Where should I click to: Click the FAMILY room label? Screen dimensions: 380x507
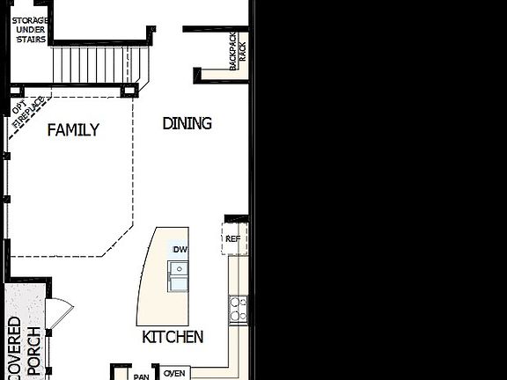point(73,130)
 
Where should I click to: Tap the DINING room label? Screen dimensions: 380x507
point(187,123)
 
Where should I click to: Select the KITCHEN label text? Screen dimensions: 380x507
point(173,337)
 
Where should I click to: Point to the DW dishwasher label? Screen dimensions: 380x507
point(180,250)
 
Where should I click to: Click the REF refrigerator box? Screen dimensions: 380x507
point(233,238)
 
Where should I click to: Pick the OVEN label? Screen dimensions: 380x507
point(174,373)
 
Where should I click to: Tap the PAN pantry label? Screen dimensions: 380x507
point(141,376)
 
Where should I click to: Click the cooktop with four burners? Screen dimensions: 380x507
point(239,306)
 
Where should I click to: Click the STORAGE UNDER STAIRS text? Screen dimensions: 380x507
point(30,29)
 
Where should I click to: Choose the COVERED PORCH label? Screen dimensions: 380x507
point(23,347)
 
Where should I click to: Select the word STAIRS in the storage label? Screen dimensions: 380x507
point(30,40)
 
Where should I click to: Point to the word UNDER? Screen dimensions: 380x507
point(30,29)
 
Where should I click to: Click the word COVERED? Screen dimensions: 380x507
point(14,347)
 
